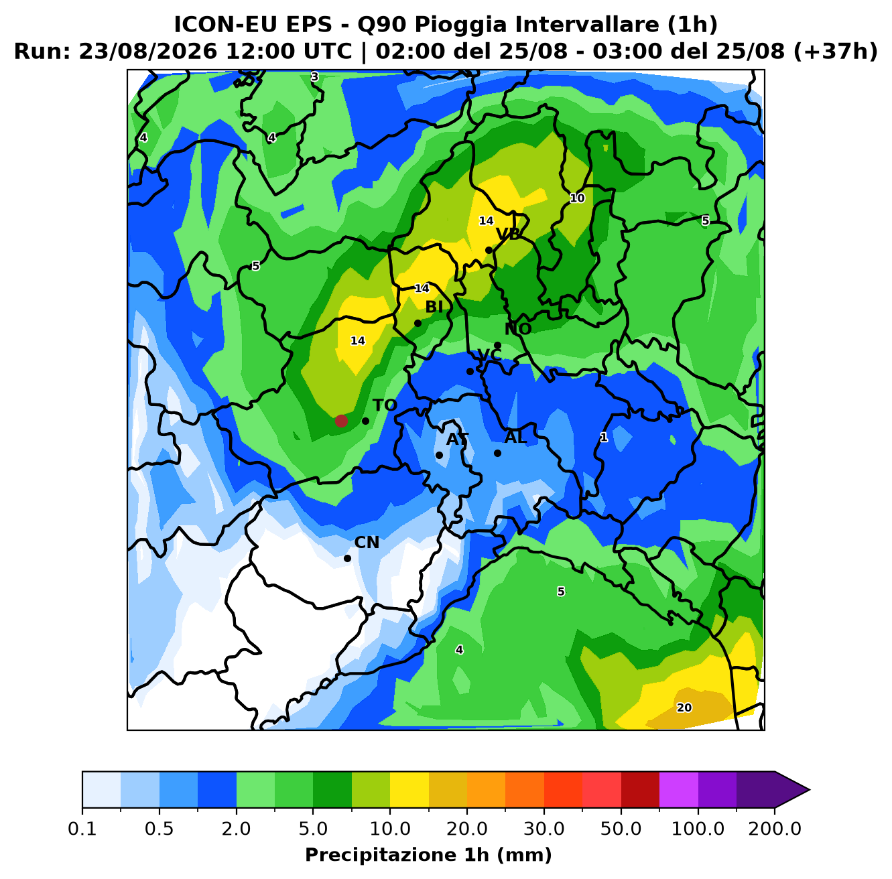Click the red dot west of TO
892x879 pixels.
coord(341,421)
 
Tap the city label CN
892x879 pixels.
coord(367,543)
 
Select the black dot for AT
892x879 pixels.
coord(439,455)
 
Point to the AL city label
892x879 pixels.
coord(515,437)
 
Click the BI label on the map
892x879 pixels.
coord(434,307)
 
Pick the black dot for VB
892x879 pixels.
coord(489,250)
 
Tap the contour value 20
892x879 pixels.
coord(684,707)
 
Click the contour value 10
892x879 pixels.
coord(577,198)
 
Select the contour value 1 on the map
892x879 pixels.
coord(604,437)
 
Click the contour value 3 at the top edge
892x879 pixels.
coord(315,77)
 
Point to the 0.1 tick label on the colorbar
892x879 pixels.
coord(82,828)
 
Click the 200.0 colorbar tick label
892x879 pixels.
coord(775,828)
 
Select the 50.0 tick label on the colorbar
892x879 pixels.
coord(621,828)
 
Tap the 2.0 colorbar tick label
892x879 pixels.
coord(236,828)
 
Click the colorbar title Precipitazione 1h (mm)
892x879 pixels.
coord(429,854)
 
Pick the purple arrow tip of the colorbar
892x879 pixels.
coord(809,790)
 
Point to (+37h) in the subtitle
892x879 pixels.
coord(836,52)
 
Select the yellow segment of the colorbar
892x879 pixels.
coord(409,790)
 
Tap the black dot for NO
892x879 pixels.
coord(498,345)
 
